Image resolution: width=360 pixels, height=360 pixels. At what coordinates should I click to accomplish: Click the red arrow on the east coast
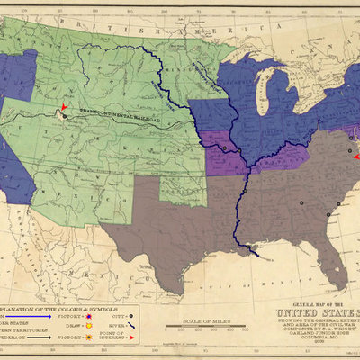355,157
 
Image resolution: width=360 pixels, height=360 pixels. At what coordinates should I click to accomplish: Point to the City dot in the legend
132,316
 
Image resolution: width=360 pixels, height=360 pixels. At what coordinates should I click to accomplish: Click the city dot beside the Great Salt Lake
64,117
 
